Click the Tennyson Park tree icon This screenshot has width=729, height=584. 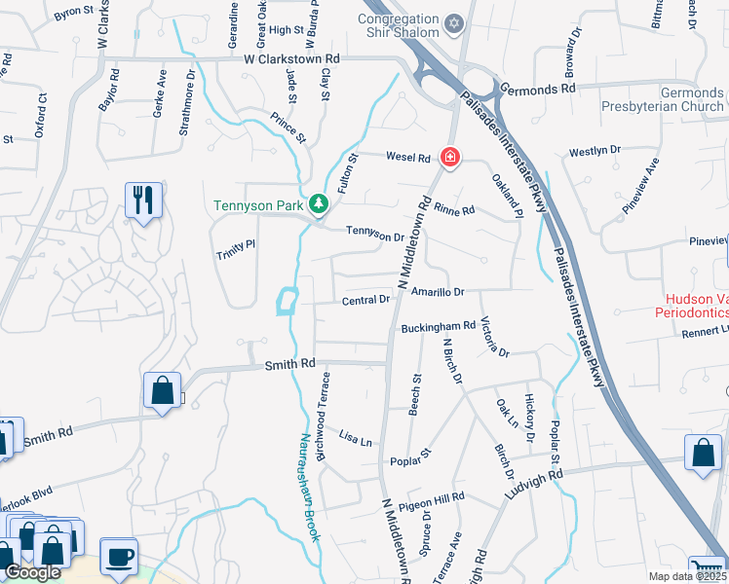[x=317, y=203]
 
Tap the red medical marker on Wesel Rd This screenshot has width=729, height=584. [x=449, y=156]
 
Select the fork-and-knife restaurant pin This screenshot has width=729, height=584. [x=143, y=201]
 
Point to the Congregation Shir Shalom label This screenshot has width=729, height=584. [x=398, y=26]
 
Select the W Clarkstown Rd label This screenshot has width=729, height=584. [x=290, y=59]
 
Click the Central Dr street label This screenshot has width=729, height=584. [x=365, y=301]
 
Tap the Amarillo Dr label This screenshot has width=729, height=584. [x=438, y=292]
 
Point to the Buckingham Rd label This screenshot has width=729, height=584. [x=438, y=327]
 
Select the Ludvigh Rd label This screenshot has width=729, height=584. [x=534, y=485]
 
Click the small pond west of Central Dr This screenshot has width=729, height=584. [x=287, y=302]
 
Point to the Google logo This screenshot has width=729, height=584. [x=32, y=572]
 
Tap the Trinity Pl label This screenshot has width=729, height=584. [x=235, y=250]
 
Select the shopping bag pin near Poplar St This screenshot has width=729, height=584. [x=702, y=454]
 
